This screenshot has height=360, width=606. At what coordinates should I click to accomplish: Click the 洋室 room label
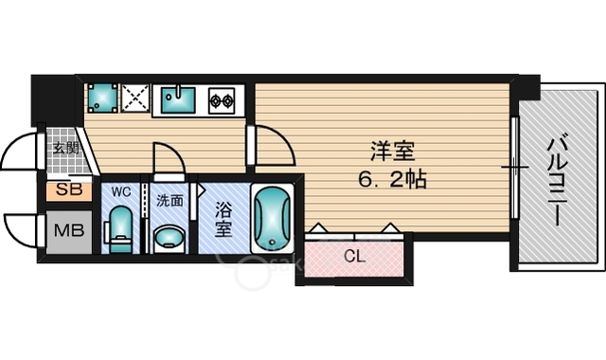393,152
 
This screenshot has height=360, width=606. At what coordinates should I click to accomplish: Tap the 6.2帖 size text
392,179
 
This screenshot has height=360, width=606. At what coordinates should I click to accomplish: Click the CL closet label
355,256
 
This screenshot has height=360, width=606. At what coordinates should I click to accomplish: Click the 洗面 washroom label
169,201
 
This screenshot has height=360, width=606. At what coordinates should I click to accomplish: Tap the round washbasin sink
169,238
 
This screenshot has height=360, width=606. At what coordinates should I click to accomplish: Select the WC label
121,191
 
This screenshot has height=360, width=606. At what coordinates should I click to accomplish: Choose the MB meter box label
69,231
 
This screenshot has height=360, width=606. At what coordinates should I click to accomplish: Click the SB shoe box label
69,189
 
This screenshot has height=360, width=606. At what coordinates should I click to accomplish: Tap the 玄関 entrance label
66,148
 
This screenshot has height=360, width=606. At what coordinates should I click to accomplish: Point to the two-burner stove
222,100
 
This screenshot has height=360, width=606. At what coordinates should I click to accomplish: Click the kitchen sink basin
178,99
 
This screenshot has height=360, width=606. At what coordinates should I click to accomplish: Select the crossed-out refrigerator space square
135,99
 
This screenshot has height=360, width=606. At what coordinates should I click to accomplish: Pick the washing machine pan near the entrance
103,99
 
